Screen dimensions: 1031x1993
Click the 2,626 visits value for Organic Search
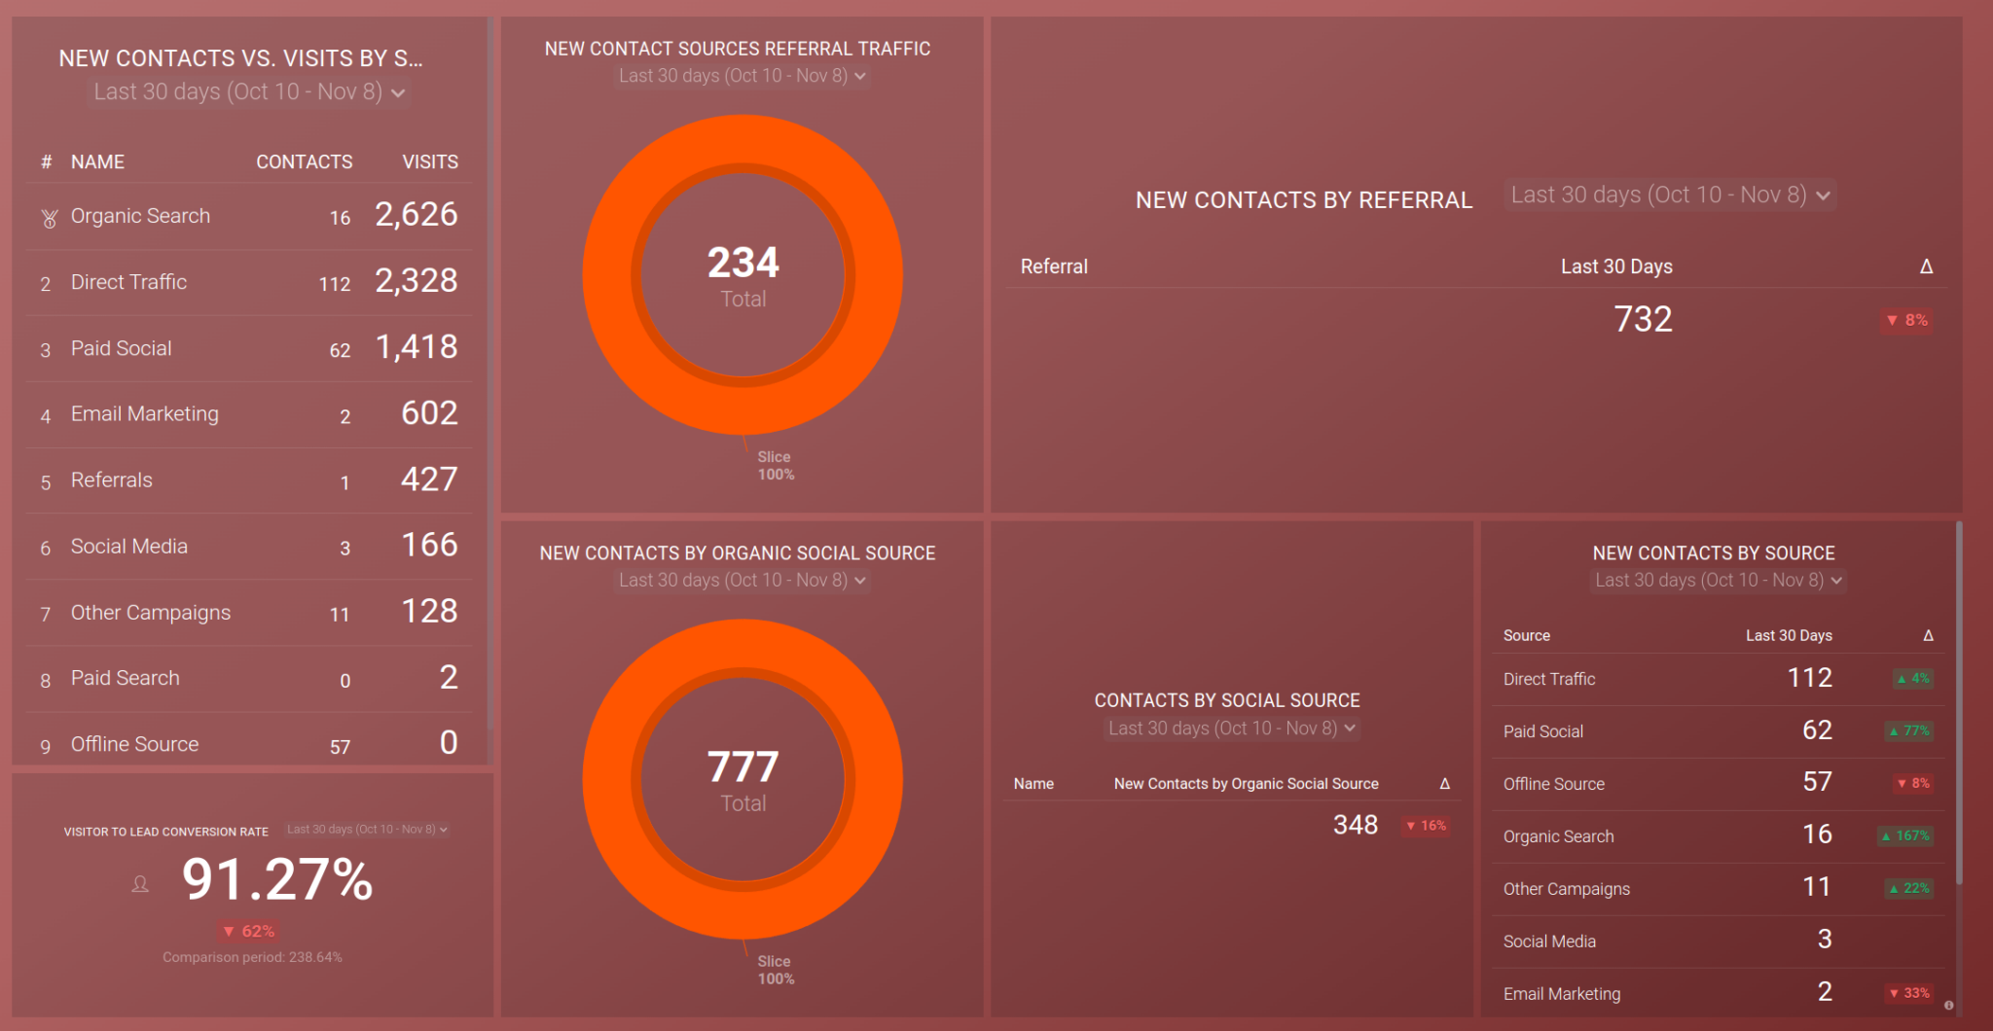point(417,214)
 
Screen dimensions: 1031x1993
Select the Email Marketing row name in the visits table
point(144,414)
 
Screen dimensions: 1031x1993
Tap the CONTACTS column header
point(304,161)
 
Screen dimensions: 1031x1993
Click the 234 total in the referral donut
point(743,263)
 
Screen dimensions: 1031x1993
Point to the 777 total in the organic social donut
point(743,766)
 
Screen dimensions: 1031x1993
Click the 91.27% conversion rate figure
point(277,879)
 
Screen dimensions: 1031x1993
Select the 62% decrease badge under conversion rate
point(248,931)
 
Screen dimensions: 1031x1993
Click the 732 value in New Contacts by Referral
point(1643,319)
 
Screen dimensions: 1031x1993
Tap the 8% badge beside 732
point(1906,320)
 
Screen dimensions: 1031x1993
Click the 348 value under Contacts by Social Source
point(1355,825)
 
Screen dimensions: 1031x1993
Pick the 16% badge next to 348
point(1426,826)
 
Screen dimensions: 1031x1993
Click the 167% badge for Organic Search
point(1905,835)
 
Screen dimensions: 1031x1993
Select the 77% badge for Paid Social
point(1909,730)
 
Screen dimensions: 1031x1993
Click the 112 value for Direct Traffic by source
point(1809,677)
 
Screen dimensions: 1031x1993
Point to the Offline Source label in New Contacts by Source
point(1553,784)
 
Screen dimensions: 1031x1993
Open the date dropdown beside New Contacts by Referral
point(1670,195)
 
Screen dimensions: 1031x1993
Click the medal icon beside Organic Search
point(49,218)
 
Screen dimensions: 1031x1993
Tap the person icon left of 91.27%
point(140,884)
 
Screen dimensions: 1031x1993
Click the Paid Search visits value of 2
point(448,677)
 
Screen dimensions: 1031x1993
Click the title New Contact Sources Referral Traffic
point(737,49)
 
